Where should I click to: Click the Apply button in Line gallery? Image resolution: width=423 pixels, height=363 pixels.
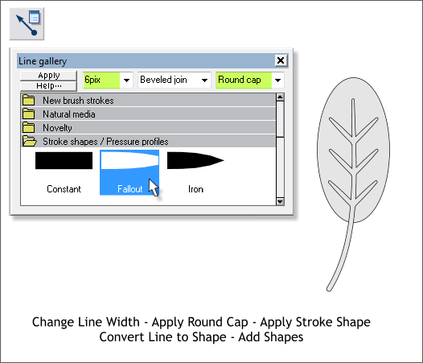click(x=49, y=76)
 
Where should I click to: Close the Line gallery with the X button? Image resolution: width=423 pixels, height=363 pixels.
click(x=280, y=60)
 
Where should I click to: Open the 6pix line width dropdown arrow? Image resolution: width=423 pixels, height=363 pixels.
click(x=125, y=80)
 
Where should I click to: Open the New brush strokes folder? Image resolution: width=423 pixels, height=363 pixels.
click(x=77, y=101)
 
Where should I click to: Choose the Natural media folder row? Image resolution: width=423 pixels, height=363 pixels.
click(x=68, y=114)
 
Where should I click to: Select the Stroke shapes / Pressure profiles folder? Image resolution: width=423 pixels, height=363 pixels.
click(x=105, y=141)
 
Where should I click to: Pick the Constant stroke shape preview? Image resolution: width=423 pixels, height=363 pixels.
click(x=64, y=161)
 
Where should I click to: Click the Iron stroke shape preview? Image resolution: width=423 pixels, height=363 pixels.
click(x=195, y=161)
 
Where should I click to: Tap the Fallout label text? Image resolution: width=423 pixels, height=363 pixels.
click(x=129, y=189)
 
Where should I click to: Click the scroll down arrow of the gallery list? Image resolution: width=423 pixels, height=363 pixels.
click(x=280, y=202)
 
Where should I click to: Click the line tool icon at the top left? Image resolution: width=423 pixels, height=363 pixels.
click(x=27, y=24)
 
